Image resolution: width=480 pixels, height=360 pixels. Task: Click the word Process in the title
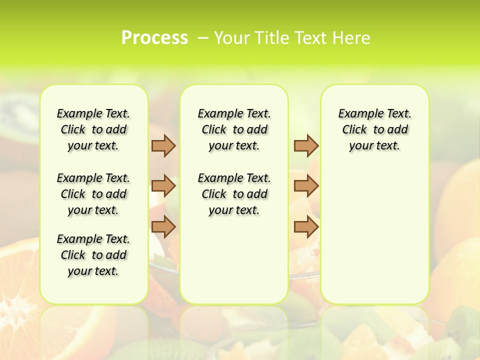pyautogui.click(x=154, y=38)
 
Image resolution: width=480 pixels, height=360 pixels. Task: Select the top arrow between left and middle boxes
pyautogui.click(x=163, y=145)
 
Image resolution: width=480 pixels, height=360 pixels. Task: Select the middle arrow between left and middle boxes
pyautogui.click(x=163, y=186)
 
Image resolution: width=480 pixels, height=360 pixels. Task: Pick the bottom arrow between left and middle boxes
pyautogui.click(x=163, y=227)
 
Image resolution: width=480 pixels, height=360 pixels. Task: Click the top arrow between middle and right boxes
pyautogui.click(x=306, y=145)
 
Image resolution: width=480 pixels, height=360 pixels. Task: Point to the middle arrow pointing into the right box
pyautogui.click(x=306, y=186)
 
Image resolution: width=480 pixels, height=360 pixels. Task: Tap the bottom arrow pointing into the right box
pyautogui.click(x=306, y=227)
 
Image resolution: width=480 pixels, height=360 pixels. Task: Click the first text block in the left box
pyautogui.click(x=93, y=129)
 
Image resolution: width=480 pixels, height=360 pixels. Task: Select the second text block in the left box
pyautogui.click(x=93, y=194)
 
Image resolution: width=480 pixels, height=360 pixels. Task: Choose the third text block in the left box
pyautogui.click(x=93, y=255)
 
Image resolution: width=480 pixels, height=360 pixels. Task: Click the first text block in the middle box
pyautogui.click(x=234, y=129)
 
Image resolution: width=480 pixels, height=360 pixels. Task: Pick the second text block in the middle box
pyautogui.click(x=234, y=194)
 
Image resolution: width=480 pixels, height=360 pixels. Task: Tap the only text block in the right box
pyautogui.click(x=375, y=129)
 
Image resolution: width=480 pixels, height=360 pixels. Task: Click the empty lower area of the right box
pyautogui.click(x=375, y=235)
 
